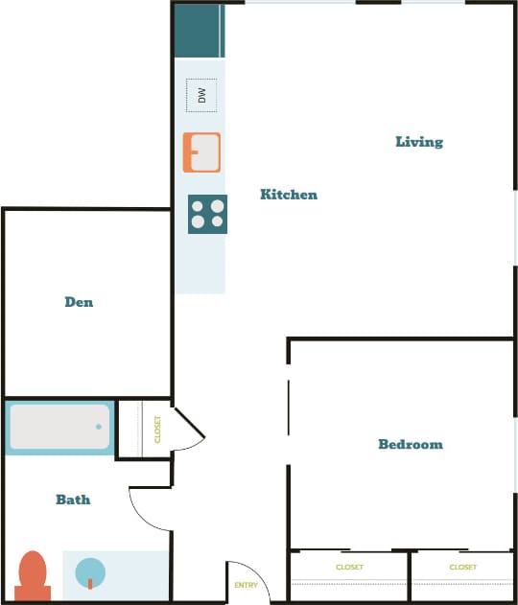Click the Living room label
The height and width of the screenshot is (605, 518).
419,142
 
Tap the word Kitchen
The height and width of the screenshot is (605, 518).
289,195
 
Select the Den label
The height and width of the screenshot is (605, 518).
79,302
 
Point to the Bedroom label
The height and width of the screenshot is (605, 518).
411,444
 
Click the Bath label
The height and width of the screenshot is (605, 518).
73,500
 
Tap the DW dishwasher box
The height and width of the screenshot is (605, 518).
201,95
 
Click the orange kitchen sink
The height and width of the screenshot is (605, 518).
201,151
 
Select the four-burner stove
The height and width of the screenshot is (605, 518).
207,214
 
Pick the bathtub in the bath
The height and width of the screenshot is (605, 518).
59,428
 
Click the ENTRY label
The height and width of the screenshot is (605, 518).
247,585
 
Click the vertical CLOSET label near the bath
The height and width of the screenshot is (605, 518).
158,430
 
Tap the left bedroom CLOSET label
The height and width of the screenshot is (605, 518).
349,568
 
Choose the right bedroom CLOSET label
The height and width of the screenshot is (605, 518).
462,568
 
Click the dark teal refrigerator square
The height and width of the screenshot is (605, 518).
199,30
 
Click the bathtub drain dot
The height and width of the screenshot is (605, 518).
98,427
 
